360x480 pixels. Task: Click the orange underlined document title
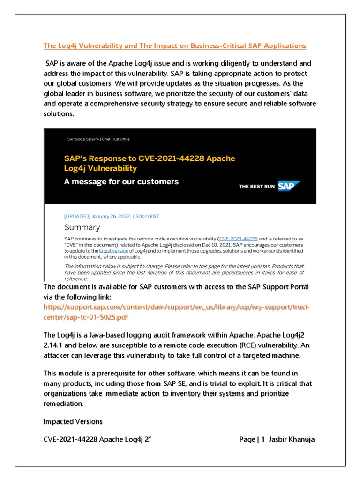point(175,46)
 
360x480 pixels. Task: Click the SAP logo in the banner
point(289,186)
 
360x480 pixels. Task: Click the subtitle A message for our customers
point(121,181)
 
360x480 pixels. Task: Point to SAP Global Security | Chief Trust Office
point(98,139)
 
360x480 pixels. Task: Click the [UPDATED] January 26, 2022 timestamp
point(111,217)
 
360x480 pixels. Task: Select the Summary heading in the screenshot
point(82,228)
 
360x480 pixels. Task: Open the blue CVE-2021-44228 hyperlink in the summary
point(238,239)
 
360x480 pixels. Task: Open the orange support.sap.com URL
point(177,307)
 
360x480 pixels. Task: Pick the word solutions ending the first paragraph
point(59,114)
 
